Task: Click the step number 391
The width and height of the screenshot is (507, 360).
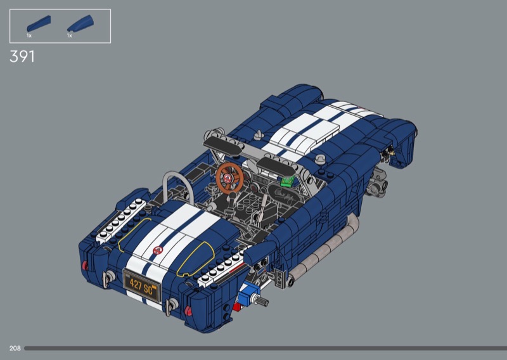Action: (x=22, y=56)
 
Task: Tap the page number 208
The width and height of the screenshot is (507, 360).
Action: (x=15, y=348)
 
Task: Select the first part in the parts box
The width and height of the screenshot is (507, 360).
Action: (x=39, y=23)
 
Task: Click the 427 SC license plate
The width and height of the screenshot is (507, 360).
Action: (x=142, y=286)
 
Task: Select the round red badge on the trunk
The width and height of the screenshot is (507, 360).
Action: (x=158, y=250)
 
